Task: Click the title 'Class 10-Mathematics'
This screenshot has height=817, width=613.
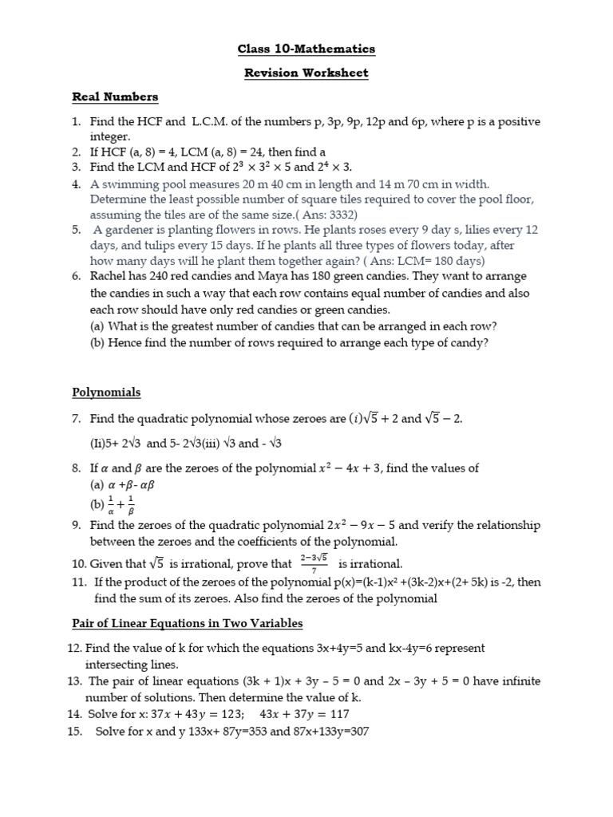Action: pyautogui.click(x=306, y=49)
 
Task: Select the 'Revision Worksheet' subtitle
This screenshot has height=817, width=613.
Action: pyautogui.click(x=306, y=73)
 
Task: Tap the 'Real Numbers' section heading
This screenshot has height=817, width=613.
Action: pyautogui.click(x=115, y=97)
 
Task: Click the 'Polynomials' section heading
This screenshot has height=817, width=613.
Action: pyautogui.click(x=106, y=392)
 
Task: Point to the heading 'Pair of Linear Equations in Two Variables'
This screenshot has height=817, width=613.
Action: pyautogui.click(x=188, y=622)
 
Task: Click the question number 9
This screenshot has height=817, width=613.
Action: pyautogui.click(x=77, y=525)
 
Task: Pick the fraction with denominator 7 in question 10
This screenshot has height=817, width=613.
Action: pyautogui.click(x=314, y=562)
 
